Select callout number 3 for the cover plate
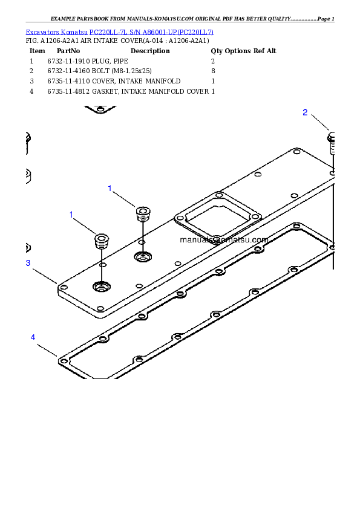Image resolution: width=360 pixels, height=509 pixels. pos(28,263)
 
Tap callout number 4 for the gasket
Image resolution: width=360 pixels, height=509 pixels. pos(33,337)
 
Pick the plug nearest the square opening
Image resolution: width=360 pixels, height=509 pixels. pos(143,214)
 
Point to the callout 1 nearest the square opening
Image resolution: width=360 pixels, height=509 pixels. pos(110,189)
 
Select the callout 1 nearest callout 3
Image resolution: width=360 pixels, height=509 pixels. pos(71,215)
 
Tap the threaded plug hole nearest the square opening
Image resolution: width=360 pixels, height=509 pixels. pos(143,258)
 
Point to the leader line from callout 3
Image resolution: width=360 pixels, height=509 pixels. pos(44,275)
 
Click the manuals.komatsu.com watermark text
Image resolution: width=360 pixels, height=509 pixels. pos(224,239)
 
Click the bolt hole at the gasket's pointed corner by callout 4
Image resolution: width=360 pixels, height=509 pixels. pos(64,361)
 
